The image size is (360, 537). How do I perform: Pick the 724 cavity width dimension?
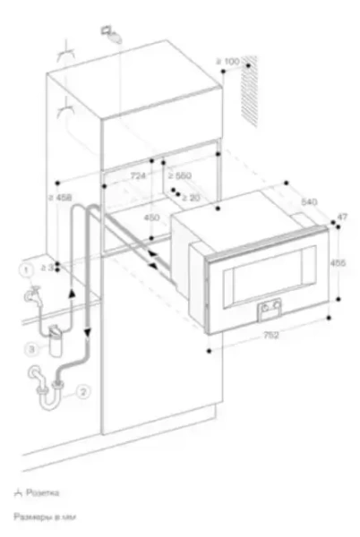coord(137,176)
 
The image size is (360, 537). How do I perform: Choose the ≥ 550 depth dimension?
coord(183,176)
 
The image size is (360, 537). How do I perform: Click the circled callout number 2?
coord(82,390)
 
